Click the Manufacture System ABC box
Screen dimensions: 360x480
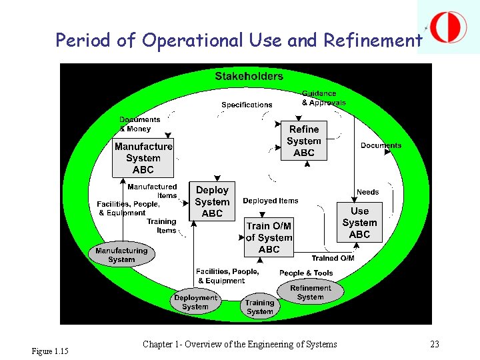[x=143, y=158]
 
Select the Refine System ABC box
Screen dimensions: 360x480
[x=304, y=141]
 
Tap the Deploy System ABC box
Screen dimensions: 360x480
[x=212, y=201]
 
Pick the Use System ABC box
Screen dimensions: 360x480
[x=359, y=223]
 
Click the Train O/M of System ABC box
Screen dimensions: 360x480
[x=269, y=237]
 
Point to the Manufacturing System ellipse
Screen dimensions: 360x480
[x=121, y=255]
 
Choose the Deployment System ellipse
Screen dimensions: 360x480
[x=195, y=302]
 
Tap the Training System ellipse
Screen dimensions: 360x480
[x=259, y=307]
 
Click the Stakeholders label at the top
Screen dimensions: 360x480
[x=249, y=76]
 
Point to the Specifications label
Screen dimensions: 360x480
[x=247, y=105]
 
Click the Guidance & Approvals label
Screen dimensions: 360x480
[x=323, y=98]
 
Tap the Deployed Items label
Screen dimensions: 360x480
[x=271, y=201]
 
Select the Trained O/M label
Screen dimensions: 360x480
[x=333, y=258]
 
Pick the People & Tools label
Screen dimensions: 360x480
[x=306, y=273]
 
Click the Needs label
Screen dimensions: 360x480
[x=367, y=192]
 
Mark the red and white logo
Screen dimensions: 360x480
[x=449, y=27]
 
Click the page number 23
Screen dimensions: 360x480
[x=435, y=345]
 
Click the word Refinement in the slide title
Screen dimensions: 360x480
[x=373, y=41]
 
